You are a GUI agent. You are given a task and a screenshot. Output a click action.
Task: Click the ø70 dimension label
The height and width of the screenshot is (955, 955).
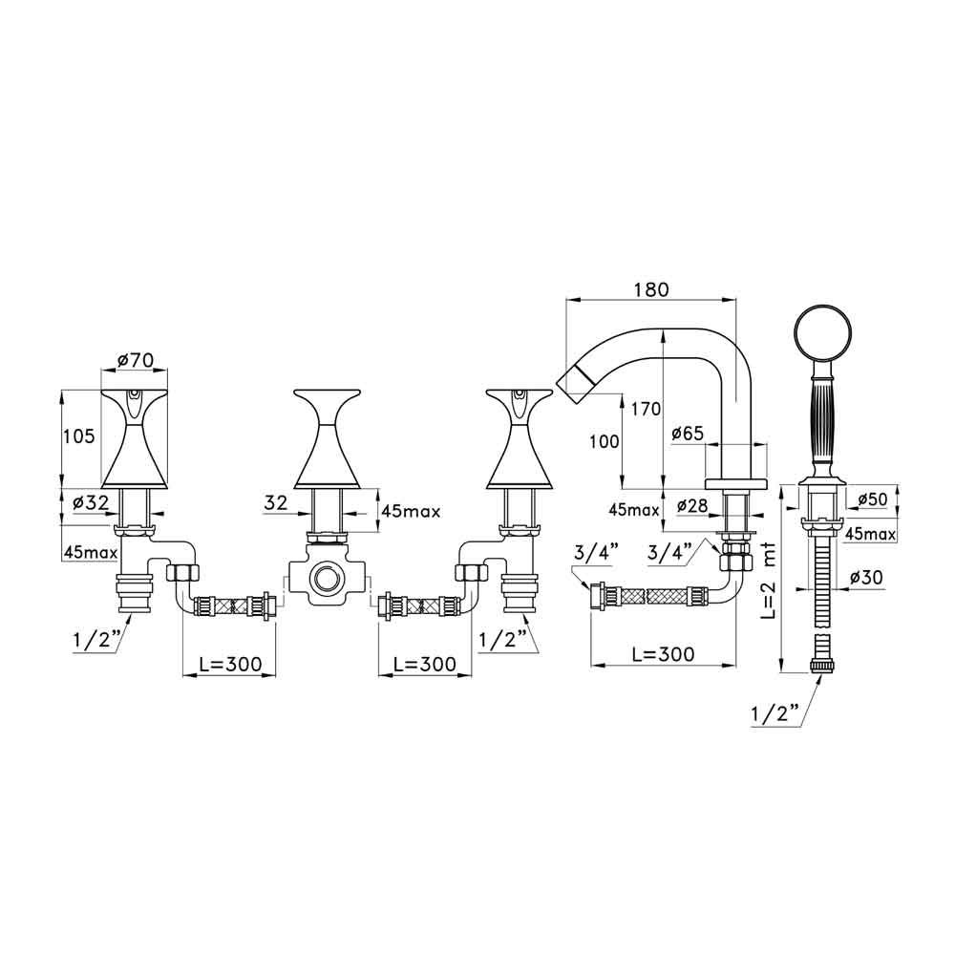pyautogui.click(x=136, y=360)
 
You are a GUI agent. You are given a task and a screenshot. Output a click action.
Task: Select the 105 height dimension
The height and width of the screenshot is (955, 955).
pyautogui.click(x=79, y=436)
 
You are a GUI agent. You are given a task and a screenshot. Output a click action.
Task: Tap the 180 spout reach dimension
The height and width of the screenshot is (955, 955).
pyautogui.click(x=650, y=288)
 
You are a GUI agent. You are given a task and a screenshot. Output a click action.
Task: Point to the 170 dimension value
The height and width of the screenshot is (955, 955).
pyautogui.click(x=645, y=409)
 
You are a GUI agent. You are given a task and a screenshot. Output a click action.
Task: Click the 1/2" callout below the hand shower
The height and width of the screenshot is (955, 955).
pyautogui.click(x=773, y=711)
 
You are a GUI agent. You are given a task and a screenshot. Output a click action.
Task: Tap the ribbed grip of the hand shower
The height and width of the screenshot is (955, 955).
pyautogui.click(x=821, y=415)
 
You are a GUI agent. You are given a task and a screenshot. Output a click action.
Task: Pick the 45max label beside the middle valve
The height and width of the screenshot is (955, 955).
pyautogui.click(x=410, y=511)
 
